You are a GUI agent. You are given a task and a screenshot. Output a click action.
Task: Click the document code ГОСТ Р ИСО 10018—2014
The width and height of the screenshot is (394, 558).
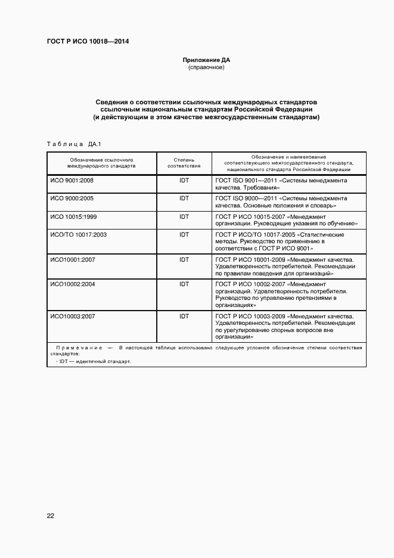click(x=88, y=41)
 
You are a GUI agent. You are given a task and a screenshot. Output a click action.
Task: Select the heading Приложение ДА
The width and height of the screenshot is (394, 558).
click(x=206, y=60)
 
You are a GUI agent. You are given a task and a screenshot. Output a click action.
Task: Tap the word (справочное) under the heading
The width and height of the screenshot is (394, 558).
click(x=206, y=68)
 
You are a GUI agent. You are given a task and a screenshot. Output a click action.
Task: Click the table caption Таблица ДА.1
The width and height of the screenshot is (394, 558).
click(x=75, y=144)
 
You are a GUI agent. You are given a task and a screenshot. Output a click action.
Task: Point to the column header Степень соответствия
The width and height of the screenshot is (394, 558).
click(x=184, y=163)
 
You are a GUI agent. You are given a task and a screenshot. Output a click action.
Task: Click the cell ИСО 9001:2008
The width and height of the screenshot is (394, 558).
click(x=72, y=180)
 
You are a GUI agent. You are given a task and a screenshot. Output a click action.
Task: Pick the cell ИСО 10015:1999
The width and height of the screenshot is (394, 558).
click(x=73, y=216)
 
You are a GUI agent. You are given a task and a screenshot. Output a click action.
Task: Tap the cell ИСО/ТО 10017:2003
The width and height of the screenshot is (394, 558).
click(x=78, y=235)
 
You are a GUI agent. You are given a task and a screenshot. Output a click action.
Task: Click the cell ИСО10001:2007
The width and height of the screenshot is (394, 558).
click(x=72, y=259)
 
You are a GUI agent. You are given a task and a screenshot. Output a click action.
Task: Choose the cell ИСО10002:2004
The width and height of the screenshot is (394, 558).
click(x=72, y=284)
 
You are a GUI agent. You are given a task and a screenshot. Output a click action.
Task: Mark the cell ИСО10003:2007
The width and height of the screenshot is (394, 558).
click(x=72, y=315)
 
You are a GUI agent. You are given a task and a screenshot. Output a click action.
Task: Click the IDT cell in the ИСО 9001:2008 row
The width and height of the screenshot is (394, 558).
click(x=184, y=180)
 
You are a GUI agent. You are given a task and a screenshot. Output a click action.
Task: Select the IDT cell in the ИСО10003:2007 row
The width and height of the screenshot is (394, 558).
click(x=184, y=315)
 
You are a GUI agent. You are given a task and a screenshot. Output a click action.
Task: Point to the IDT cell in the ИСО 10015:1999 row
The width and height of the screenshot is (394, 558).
click(x=184, y=216)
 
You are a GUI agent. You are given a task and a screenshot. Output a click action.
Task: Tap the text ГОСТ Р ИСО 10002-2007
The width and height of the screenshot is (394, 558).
click(x=249, y=284)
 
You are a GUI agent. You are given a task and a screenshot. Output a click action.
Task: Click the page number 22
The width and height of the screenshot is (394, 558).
click(x=51, y=516)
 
